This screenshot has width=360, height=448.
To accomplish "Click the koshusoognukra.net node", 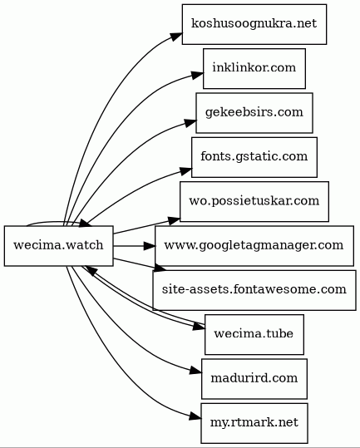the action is tap(254, 24).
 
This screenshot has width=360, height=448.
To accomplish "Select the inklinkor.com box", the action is tap(254, 68).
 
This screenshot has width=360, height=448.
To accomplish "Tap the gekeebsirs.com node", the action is tap(254, 113).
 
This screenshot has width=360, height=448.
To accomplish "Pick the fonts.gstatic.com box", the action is tap(254, 157).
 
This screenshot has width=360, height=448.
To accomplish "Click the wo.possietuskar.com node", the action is tap(254, 201).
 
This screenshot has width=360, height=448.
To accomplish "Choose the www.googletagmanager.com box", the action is tap(254, 246).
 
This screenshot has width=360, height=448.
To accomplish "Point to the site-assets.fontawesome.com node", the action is tap(254, 290).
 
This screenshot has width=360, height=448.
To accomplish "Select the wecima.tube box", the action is tap(254, 335).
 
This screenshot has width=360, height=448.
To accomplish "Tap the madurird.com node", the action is tap(254, 379).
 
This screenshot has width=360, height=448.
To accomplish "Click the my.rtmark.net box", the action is tap(254, 423).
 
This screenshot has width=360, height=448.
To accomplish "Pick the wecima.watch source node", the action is tap(58, 246).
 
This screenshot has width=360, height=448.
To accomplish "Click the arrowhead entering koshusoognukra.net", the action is tap(176, 37).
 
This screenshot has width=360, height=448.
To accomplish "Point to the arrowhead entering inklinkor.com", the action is tap(197, 75).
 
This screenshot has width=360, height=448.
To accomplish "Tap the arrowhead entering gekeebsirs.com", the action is tap(190, 122).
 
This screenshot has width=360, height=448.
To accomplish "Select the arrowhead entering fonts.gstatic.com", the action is tap(186, 170).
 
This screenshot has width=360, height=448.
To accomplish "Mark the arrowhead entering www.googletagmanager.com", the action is tap(150, 246).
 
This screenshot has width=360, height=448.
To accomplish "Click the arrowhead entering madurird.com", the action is tap(195, 372).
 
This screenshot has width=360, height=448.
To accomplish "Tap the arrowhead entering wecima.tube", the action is tap(200, 327).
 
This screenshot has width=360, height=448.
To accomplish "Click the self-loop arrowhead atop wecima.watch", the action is tap(86, 223).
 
